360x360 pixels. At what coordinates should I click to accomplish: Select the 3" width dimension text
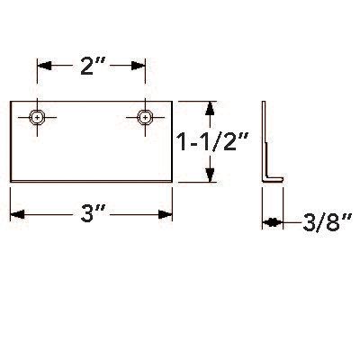coord(92,216)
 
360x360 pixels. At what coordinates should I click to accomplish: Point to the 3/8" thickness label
coord(314,221)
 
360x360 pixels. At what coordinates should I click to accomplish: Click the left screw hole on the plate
coord(36,117)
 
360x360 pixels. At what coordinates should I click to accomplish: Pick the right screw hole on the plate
coord(144,117)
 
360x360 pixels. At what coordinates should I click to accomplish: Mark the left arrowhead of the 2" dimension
coord(40,66)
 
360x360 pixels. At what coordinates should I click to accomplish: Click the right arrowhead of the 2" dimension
coord(140,66)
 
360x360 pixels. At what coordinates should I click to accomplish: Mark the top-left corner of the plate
coord(10,101)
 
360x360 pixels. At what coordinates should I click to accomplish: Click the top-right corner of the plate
coord(172,101)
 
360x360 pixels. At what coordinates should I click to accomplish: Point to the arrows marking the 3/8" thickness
coord(272,221)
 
